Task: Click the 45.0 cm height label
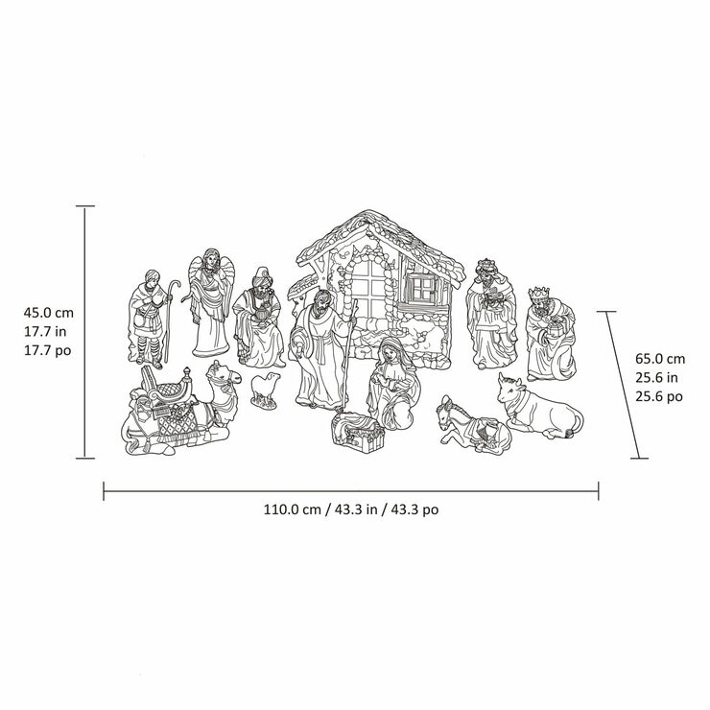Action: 49,313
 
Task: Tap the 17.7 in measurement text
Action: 48,331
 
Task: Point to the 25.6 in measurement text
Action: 660,376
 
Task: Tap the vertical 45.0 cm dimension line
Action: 84,332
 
